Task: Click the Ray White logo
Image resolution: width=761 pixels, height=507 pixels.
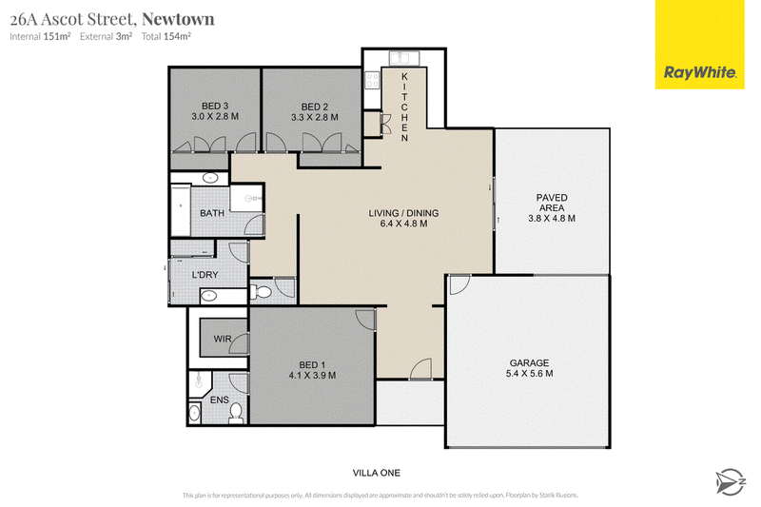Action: pos(699,45)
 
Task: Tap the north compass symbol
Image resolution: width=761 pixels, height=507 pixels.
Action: pos(730,481)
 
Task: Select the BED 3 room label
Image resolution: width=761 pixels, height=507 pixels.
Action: pos(215,106)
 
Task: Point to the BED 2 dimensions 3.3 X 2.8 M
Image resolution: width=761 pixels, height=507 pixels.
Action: pos(315,117)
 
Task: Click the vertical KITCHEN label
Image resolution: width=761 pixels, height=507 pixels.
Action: pos(404,107)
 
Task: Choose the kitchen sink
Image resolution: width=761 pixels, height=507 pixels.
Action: pos(404,59)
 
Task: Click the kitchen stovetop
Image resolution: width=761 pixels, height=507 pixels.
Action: pos(372,80)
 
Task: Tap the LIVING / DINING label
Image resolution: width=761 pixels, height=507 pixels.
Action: pos(403,213)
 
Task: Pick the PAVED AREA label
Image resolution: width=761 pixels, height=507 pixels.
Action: pos(552,203)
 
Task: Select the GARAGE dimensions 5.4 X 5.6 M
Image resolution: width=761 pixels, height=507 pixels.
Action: pos(529,374)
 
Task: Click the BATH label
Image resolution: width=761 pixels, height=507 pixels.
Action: pos(212,213)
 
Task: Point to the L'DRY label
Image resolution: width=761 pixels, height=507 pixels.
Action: pos(205,275)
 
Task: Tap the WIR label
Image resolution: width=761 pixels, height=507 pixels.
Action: pos(223,339)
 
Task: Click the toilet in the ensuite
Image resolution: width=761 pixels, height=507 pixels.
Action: pos(236,413)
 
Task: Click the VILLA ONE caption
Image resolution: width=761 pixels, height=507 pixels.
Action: pos(377,473)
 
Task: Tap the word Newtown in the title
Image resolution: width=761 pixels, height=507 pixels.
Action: pos(178,19)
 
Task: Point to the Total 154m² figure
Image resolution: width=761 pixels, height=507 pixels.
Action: pos(166,36)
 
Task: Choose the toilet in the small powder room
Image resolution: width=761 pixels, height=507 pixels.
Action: pos(261,292)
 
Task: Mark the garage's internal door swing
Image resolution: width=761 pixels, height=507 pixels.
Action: pos(460,284)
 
